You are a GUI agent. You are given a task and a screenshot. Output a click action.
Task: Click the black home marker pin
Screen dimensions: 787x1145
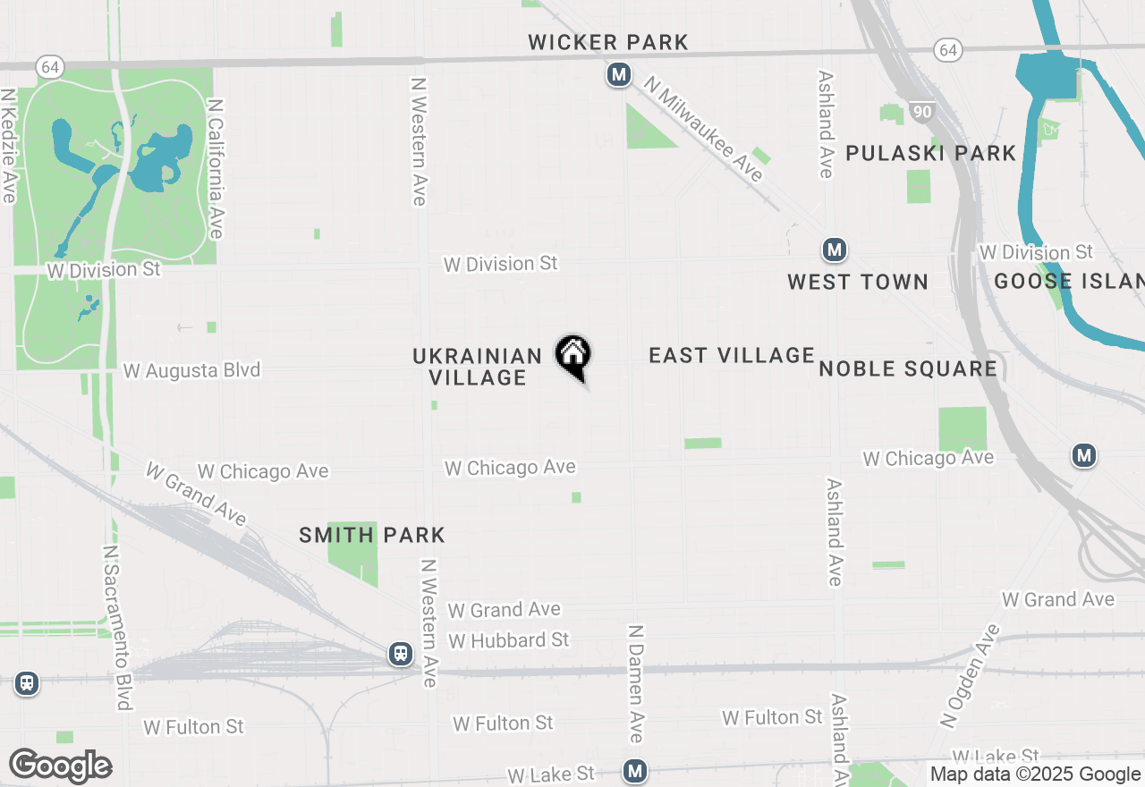(x=573, y=355)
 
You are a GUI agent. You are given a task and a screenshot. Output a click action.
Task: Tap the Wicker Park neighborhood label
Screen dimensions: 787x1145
(x=608, y=42)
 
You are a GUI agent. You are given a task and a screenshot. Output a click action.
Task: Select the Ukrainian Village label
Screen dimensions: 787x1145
(x=478, y=367)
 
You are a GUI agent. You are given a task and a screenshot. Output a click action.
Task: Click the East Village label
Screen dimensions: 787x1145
(x=732, y=355)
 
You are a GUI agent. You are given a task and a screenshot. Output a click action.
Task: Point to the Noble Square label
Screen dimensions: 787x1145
(x=908, y=368)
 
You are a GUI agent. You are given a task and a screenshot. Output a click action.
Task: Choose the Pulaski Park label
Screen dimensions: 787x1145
(x=930, y=153)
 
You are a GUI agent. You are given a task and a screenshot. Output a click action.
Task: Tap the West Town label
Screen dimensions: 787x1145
(x=858, y=282)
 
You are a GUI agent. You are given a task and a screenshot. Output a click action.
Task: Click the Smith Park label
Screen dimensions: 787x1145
(x=372, y=535)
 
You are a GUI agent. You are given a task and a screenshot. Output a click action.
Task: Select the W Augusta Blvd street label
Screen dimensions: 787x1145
(x=191, y=370)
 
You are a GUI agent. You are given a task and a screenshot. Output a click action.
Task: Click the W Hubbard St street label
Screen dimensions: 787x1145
(x=509, y=640)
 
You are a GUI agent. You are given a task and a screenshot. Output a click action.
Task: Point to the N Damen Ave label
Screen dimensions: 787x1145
(x=636, y=683)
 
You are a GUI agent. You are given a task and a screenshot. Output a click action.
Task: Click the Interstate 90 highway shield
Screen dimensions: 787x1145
(x=920, y=111)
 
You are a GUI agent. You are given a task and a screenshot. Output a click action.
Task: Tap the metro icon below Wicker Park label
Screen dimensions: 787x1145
(x=618, y=75)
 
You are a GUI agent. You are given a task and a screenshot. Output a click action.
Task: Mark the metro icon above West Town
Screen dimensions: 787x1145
(x=835, y=250)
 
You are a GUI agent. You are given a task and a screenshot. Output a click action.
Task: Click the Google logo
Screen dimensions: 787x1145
(x=60, y=766)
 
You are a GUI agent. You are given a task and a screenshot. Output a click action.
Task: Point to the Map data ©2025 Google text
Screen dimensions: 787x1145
(x=1035, y=774)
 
